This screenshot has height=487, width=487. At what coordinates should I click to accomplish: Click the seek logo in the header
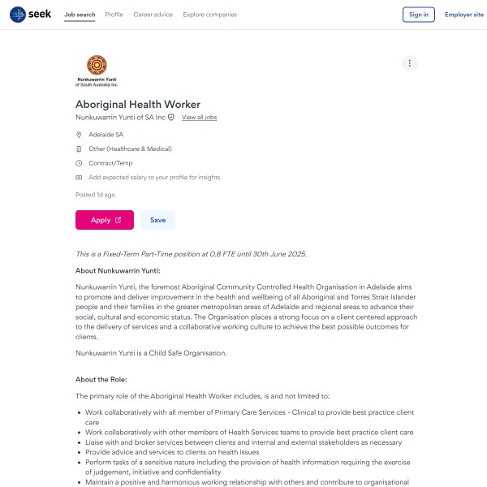click(29, 15)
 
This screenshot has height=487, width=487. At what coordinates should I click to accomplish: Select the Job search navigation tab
click(79, 15)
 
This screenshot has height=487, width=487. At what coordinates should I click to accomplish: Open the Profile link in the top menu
click(114, 15)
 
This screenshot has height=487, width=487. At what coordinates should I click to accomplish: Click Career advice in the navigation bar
click(153, 15)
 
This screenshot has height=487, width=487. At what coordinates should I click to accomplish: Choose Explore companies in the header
click(210, 15)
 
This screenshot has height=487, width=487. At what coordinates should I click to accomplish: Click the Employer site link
click(463, 15)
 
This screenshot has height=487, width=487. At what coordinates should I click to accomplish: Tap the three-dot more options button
click(410, 63)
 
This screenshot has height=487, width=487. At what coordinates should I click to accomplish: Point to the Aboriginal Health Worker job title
click(138, 104)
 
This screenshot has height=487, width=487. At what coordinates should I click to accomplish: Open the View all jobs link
click(199, 118)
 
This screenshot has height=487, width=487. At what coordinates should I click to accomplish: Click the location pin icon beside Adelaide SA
click(79, 135)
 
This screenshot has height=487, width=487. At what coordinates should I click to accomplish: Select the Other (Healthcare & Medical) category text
click(130, 149)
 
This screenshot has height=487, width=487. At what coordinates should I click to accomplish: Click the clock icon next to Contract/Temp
click(79, 163)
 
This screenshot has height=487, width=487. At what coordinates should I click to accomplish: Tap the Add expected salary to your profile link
click(154, 177)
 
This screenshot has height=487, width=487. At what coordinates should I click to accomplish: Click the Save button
click(157, 220)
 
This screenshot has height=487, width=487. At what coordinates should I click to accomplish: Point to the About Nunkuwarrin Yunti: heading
click(118, 270)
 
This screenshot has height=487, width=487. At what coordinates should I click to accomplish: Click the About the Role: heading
click(101, 379)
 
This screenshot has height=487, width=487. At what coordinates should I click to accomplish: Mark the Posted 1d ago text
click(95, 195)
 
